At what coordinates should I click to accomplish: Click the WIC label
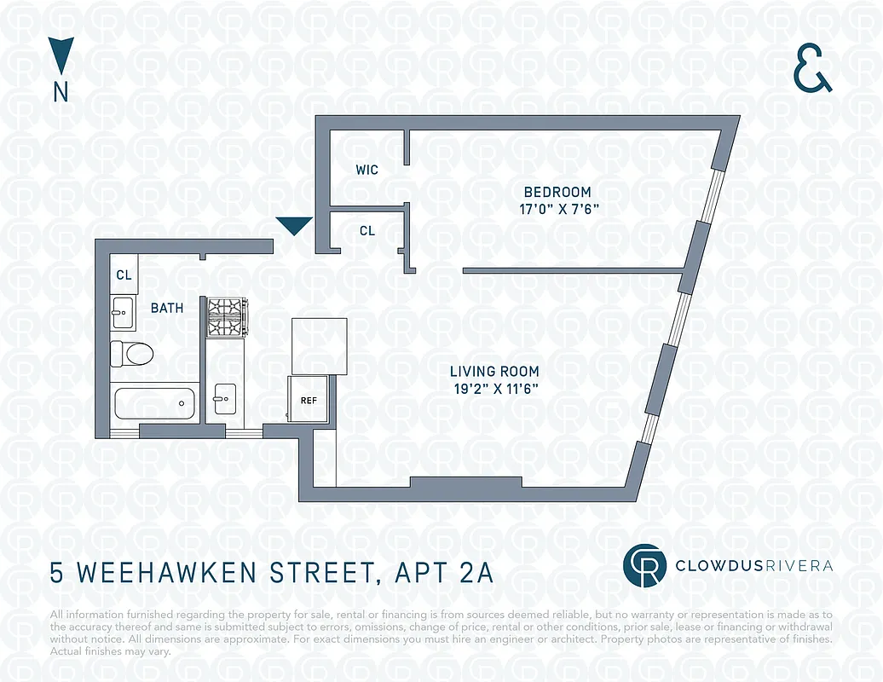point(366,170)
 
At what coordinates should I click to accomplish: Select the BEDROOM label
point(557,192)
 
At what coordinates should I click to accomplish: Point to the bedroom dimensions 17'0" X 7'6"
point(557,209)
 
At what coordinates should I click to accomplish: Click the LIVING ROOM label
point(494,372)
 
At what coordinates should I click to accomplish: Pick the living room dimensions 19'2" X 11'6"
point(494,389)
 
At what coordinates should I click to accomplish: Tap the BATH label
point(167,308)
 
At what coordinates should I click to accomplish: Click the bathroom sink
point(123,312)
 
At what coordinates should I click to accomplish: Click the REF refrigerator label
point(309,399)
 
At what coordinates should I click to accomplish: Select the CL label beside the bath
point(124,275)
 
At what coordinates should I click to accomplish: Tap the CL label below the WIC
point(366,231)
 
